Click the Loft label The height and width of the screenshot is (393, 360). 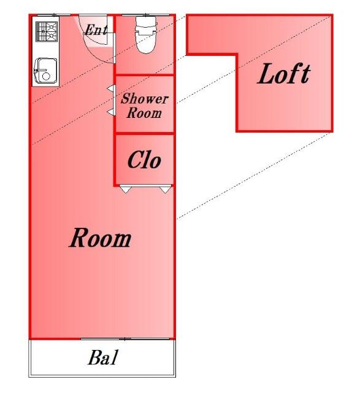(x=284, y=73)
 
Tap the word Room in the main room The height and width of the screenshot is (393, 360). (x=100, y=238)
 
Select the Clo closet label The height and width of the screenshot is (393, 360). (x=145, y=159)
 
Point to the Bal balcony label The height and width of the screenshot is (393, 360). (x=102, y=357)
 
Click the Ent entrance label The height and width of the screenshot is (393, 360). (x=96, y=29)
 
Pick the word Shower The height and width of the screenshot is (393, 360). (x=145, y=98)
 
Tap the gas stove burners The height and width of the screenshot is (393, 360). (x=47, y=31)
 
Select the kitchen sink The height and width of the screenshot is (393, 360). (x=45, y=71)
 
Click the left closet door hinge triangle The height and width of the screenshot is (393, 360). (x=125, y=189)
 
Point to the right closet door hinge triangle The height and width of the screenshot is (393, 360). (x=165, y=189)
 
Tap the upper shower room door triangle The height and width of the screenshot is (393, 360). (x=112, y=88)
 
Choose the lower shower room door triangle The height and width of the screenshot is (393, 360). (x=112, y=112)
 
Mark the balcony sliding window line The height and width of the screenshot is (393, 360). (x=124, y=339)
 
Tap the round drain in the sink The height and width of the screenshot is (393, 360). (x=46, y=76)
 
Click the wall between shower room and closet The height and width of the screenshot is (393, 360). (x=145, y=133)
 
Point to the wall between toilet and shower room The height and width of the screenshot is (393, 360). (x=145, y=75)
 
